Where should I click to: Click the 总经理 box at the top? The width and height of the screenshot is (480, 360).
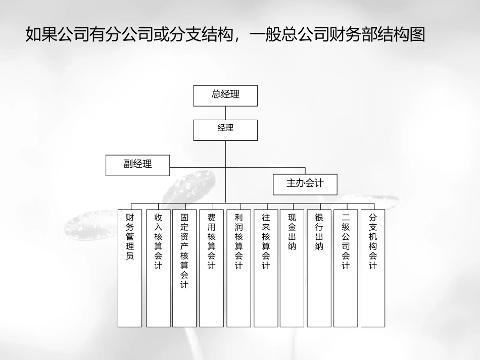[x=225, y=95]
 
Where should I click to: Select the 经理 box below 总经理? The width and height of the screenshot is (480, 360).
[x=225, y=130]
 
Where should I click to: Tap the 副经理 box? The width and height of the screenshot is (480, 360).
[x=137, y=165]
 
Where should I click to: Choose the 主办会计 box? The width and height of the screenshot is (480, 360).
[x=305, y=184]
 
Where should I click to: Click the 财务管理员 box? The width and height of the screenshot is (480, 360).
[x=130, y=268]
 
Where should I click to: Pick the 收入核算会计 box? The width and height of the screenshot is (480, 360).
[x=158, y=268]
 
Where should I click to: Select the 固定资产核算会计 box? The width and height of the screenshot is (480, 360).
[x=184, y=268]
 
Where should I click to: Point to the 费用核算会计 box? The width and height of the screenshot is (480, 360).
[x=212, y=268]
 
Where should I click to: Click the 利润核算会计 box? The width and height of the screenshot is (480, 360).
[x=238, y=268]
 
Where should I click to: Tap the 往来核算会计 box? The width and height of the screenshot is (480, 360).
[x=266, y=268]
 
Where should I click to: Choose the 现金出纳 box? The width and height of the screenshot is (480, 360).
[x=292, y=268]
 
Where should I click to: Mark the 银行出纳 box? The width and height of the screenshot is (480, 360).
[x=319, y=268]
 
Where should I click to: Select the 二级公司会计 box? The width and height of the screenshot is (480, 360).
[x=346, y=268]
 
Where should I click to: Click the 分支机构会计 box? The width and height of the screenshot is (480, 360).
[x=373, y=268]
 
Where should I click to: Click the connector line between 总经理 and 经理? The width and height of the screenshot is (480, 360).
[x=225, y=113]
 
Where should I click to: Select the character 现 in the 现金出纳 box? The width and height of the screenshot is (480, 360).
[x=292, y=218]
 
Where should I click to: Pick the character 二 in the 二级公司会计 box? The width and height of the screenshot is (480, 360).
[x=346, y=218]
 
